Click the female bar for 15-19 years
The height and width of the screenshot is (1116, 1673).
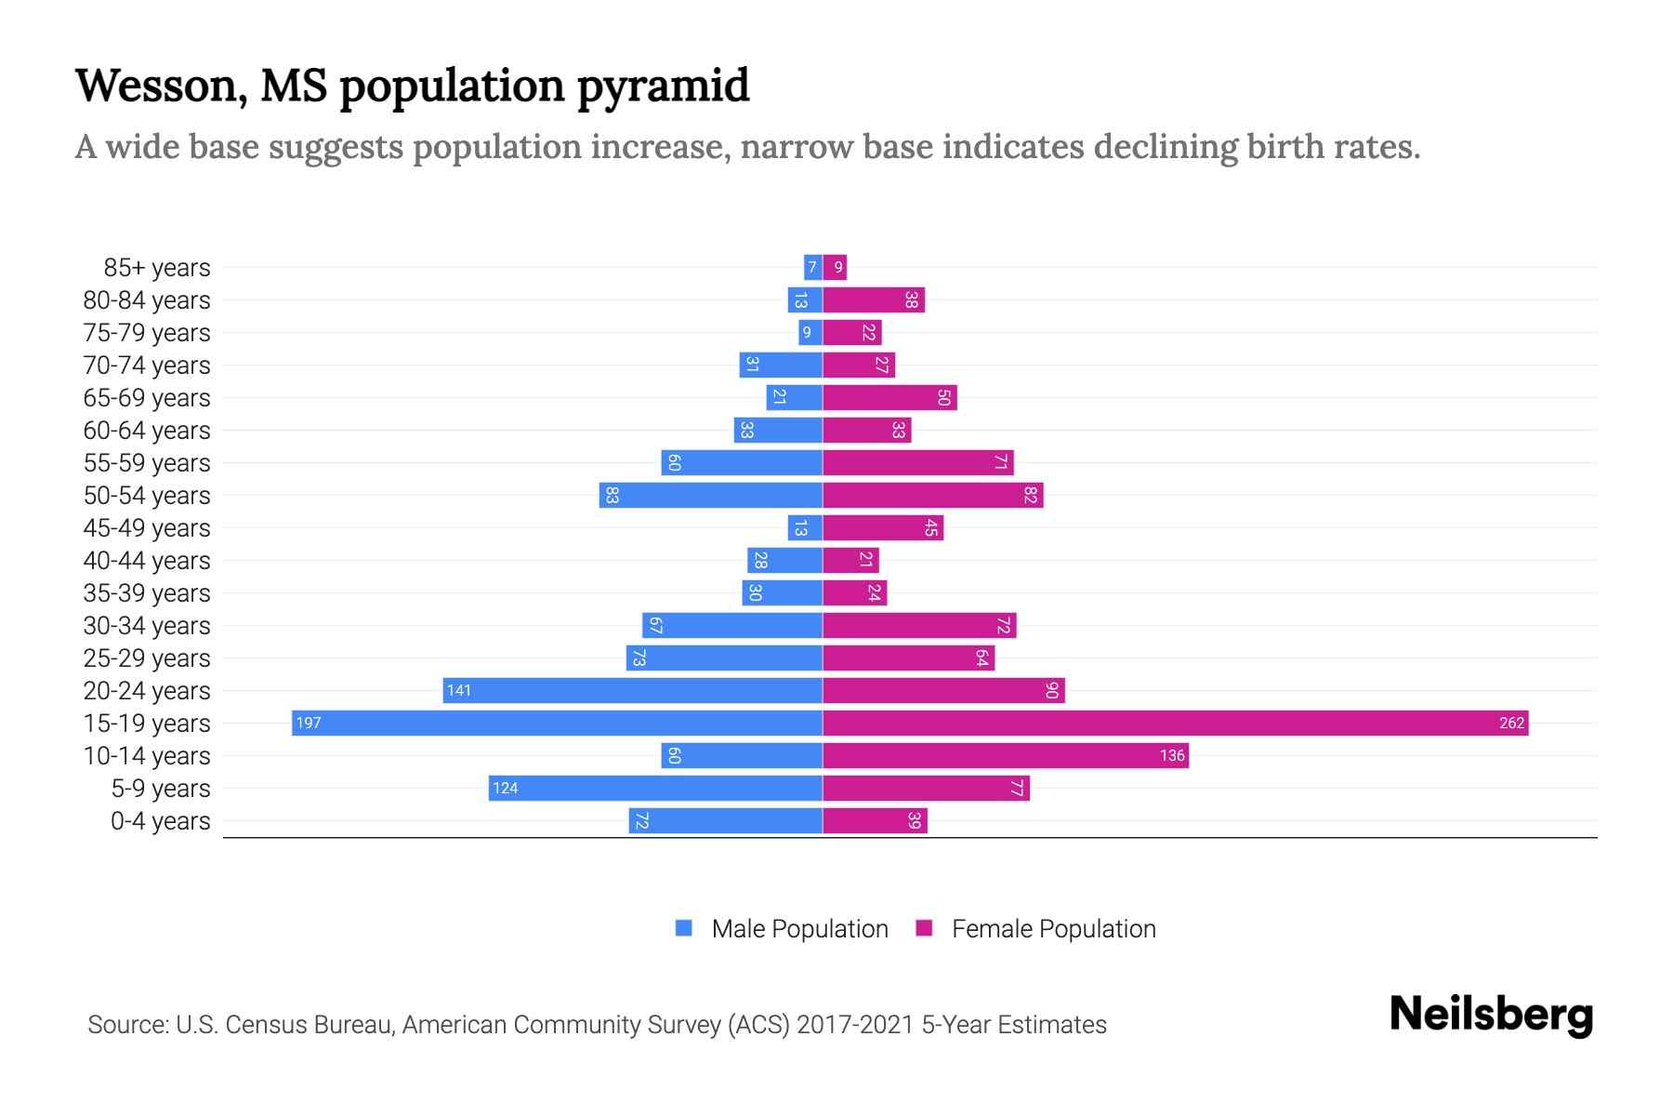coord(1175,723)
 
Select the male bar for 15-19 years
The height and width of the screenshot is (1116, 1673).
coord(557,723)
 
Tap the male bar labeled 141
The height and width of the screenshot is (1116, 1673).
coord(632,690)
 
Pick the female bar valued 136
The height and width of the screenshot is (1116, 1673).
coord(1006,755)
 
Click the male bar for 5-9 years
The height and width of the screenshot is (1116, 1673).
coord(655,788)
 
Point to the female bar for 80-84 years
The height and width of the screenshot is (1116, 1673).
coord(874,299)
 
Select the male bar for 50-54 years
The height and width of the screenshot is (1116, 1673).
coord(711,495)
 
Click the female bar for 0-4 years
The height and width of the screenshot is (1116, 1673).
coord(875,820)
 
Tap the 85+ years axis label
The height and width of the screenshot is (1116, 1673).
coord(157,268)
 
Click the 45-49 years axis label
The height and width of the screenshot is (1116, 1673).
coord(147,528)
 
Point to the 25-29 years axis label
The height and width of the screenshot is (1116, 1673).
coord(147,658)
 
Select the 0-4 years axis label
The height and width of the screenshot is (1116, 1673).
coord(160,821)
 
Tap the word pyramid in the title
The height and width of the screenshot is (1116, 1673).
coord(663,86)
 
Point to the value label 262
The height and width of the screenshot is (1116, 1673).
coord(1511,723)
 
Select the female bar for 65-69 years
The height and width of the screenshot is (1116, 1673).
coord(889,397)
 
